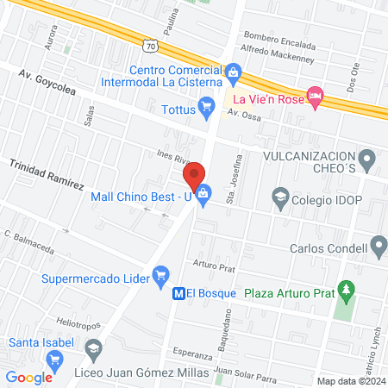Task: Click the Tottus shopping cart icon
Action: pos(205,108)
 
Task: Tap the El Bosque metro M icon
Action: pos(179,293)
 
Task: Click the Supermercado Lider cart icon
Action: pos(160,274)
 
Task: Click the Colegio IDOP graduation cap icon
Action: pos(280,197)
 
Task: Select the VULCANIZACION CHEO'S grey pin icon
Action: pos(368,158)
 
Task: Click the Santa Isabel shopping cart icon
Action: pos(56,360)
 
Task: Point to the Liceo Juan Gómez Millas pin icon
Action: pos(93,349)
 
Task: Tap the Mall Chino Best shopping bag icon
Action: pos(203,196)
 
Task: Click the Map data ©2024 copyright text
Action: pos(349,380)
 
